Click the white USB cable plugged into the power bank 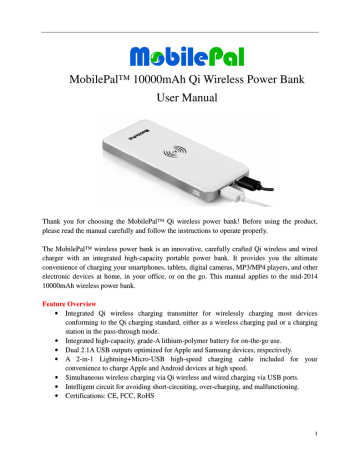coord(257,182)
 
